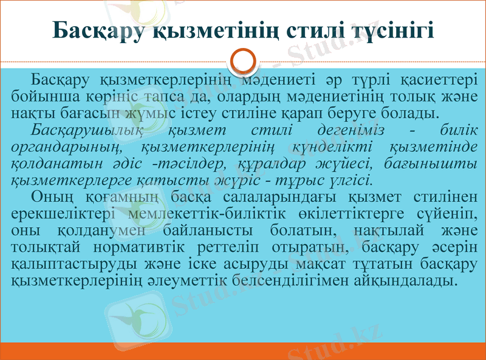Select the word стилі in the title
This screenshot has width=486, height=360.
(314, 30)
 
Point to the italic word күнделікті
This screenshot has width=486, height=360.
(338, 146)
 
